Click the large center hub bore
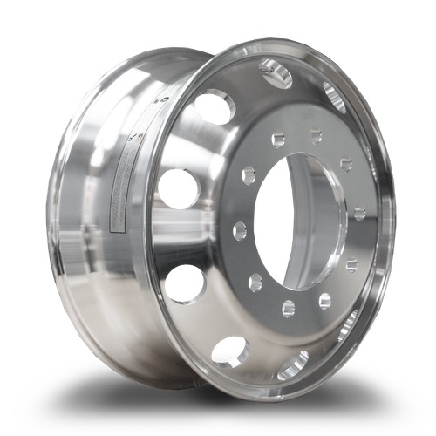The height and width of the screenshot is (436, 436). point(301,221)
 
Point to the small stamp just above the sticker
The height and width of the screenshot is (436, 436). point(133,137)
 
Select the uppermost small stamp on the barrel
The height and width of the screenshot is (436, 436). point(162,100)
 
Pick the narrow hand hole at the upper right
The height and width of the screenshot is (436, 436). point(334,96)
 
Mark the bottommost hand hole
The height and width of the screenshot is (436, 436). point(293,365)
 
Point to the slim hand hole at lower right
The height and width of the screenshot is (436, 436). point(347,325)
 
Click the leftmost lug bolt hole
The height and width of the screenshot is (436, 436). point(239,230)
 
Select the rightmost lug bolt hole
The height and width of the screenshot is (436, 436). point(359,212)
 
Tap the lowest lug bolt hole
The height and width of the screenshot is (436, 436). point(288,307)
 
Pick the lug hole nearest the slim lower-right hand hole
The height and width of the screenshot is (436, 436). point(324,301)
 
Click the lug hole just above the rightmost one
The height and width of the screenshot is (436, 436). point(346,164)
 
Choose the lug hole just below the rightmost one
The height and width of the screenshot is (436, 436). point(351,263)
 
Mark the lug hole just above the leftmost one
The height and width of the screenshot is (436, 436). point(249,175)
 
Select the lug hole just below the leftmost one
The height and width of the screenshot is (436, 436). point(255,282)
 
